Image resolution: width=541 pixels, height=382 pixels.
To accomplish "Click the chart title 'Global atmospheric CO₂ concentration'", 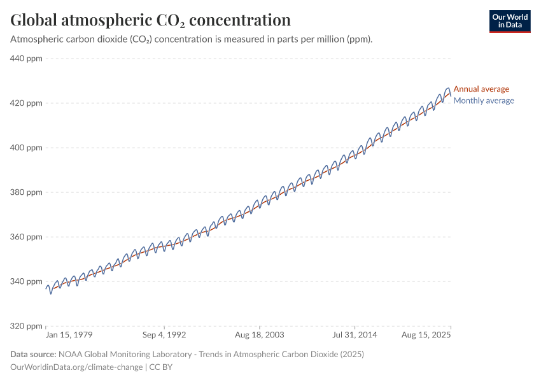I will [151, 20].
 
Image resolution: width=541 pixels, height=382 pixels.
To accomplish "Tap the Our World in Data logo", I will [509, 22].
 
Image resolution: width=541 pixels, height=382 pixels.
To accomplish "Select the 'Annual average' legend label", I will [481, 89].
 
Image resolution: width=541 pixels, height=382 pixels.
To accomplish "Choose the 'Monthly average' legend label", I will [484, 101].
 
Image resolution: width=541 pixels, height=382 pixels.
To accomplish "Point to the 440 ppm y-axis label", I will [27, 59].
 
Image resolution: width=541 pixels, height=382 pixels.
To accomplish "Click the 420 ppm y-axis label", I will [27, 103].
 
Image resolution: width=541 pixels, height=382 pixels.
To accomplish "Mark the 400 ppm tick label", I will [27, 148].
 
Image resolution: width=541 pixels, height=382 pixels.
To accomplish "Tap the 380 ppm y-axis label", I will [27, 192].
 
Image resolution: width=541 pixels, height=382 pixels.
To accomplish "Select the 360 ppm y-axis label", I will [27, 237].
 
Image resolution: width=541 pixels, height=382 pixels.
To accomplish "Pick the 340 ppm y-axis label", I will [27, 281].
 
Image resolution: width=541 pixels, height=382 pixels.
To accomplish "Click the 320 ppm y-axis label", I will [27, 326].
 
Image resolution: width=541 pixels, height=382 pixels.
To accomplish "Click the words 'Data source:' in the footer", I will [33, 354].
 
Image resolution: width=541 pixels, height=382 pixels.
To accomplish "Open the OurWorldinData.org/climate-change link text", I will [76, 367].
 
